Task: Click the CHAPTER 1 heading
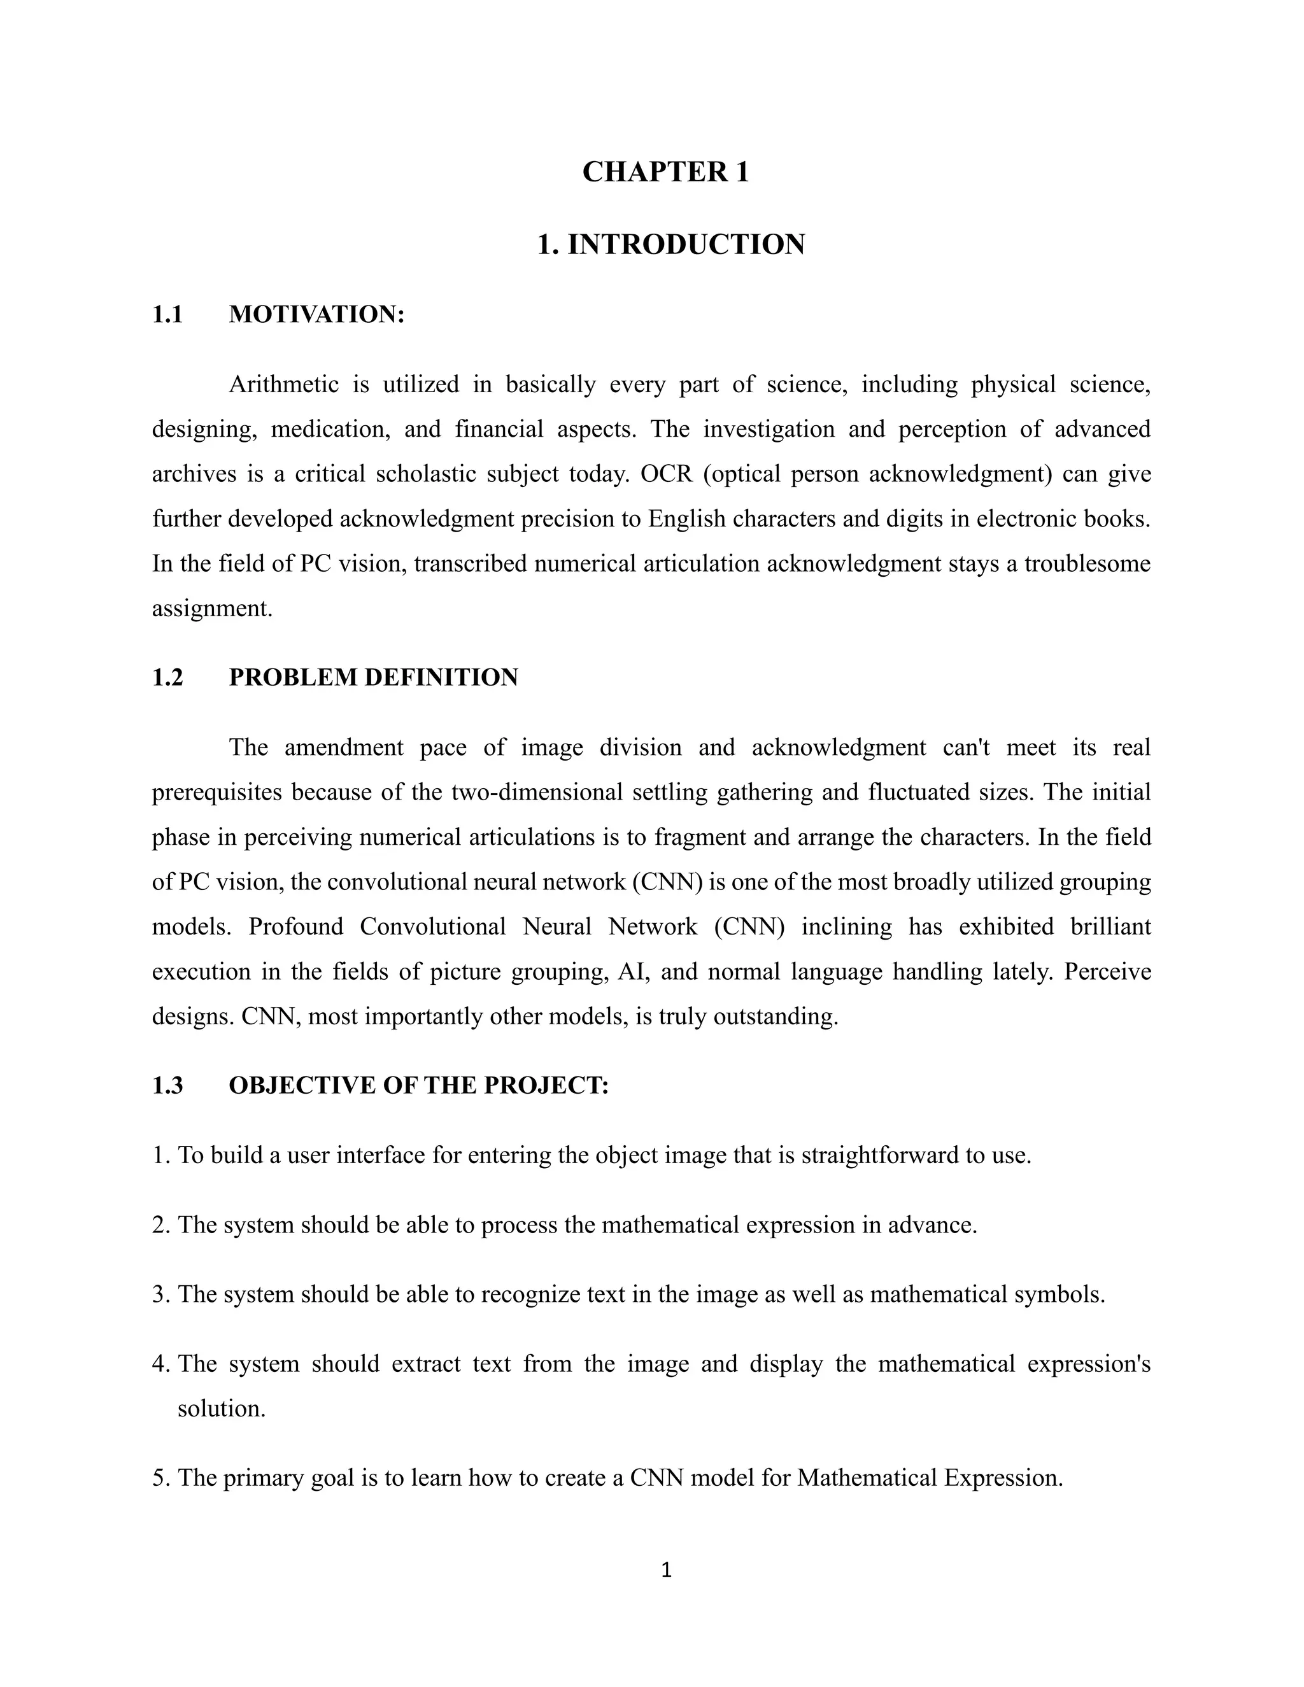pos(665,171)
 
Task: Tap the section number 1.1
pos(167,314)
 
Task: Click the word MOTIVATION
pos(316,314)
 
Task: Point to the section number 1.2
pos(167,677)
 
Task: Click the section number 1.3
pos(167,1085)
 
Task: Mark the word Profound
pos(296,926)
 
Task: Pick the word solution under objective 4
pos(221,1408)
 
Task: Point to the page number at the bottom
pos(667,1570)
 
